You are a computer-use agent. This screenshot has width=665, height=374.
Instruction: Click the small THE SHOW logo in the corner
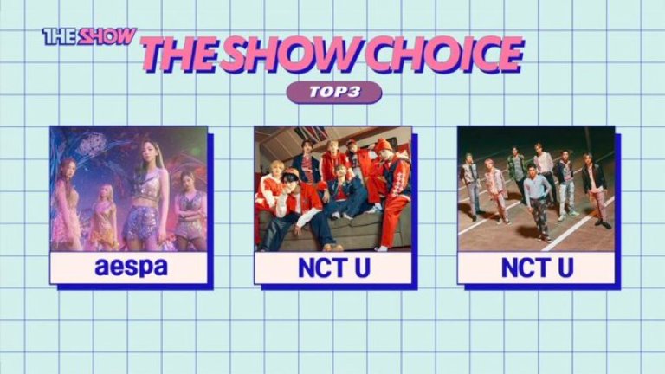point(89,36)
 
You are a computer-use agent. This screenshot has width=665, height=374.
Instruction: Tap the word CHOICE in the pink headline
point(445,55)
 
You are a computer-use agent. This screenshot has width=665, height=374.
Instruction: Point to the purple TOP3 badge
point(334,93)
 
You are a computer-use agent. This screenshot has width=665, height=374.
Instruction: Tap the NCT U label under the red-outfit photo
point(333,268)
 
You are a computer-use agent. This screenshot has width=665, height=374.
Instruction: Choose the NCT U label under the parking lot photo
point(537,268)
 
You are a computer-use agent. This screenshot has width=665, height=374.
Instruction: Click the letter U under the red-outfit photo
point(362,268)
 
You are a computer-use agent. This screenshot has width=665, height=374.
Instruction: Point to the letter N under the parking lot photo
point(510,268)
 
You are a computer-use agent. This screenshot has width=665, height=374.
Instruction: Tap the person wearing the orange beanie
point(390,187)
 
